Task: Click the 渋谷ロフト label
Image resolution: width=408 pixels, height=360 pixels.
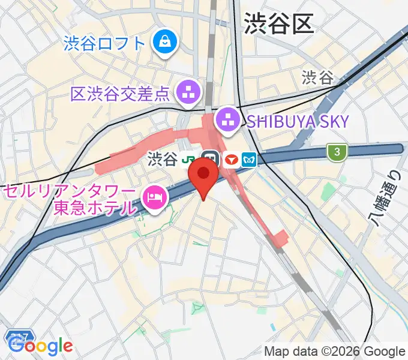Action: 104,43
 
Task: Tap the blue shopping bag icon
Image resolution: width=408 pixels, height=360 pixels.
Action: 163,41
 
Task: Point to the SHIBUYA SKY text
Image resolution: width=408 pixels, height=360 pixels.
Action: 298,121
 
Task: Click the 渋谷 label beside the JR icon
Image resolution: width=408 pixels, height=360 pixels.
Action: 163,160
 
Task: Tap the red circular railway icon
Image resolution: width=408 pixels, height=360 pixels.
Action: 231,160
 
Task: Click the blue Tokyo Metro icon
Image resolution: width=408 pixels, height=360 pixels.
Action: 250,160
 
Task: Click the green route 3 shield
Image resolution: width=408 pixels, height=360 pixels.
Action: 337,152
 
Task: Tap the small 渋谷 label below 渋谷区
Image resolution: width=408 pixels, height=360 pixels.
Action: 317,77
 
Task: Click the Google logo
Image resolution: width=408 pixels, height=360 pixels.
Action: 40,346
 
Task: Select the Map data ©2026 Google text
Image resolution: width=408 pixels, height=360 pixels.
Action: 335,352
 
